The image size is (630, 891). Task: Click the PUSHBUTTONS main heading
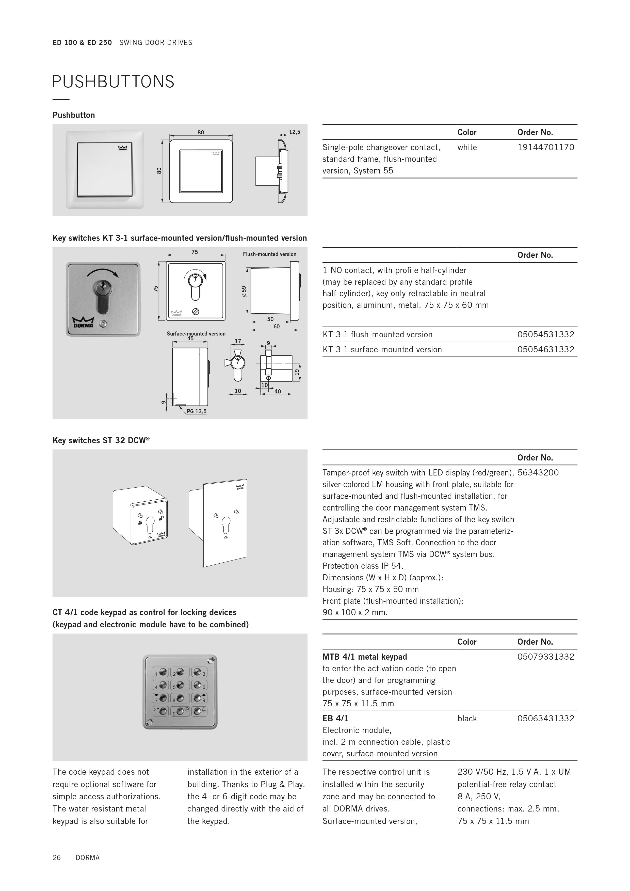point(113,82)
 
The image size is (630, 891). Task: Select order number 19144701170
point(545,148)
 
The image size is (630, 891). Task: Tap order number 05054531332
point(545,335)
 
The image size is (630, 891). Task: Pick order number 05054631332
point(545,350)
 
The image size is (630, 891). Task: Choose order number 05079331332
point(545,657)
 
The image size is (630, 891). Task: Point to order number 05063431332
point(545,719)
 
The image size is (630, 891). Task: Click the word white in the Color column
point(467,148)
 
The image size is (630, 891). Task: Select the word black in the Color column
point(467,719)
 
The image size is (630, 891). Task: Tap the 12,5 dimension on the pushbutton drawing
point(295,132)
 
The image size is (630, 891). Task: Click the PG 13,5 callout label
point(197,411)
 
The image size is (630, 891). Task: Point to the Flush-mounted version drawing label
point(270,254)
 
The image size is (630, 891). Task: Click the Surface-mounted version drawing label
point(196,334)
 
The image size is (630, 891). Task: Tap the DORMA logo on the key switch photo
point(83,323)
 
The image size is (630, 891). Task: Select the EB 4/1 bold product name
point(335,719)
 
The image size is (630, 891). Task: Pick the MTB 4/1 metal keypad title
point(365,657)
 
